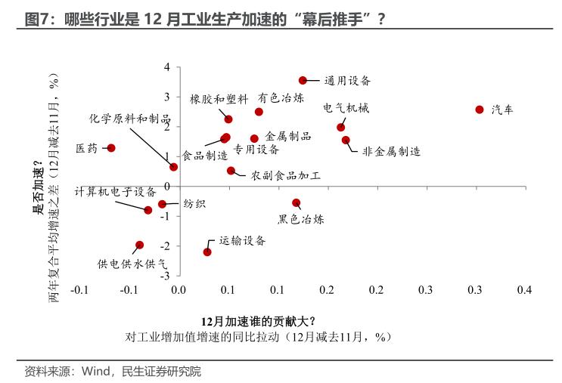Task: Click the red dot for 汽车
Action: point(479,110)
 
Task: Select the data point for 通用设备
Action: point(303,80)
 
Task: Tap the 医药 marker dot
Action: point(111,148)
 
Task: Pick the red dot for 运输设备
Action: point(207,252)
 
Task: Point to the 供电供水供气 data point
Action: point(139,245)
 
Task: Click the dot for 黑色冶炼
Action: point(296,202)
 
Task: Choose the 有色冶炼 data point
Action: point(259,112)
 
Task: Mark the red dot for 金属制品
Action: point(254,138)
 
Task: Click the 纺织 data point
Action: point(162,204)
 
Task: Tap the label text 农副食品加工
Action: point(286,175)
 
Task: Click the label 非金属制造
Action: point(391,151)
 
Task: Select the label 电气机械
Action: point(346,108)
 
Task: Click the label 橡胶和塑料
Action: point(219,99)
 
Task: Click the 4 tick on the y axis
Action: point(169,67)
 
